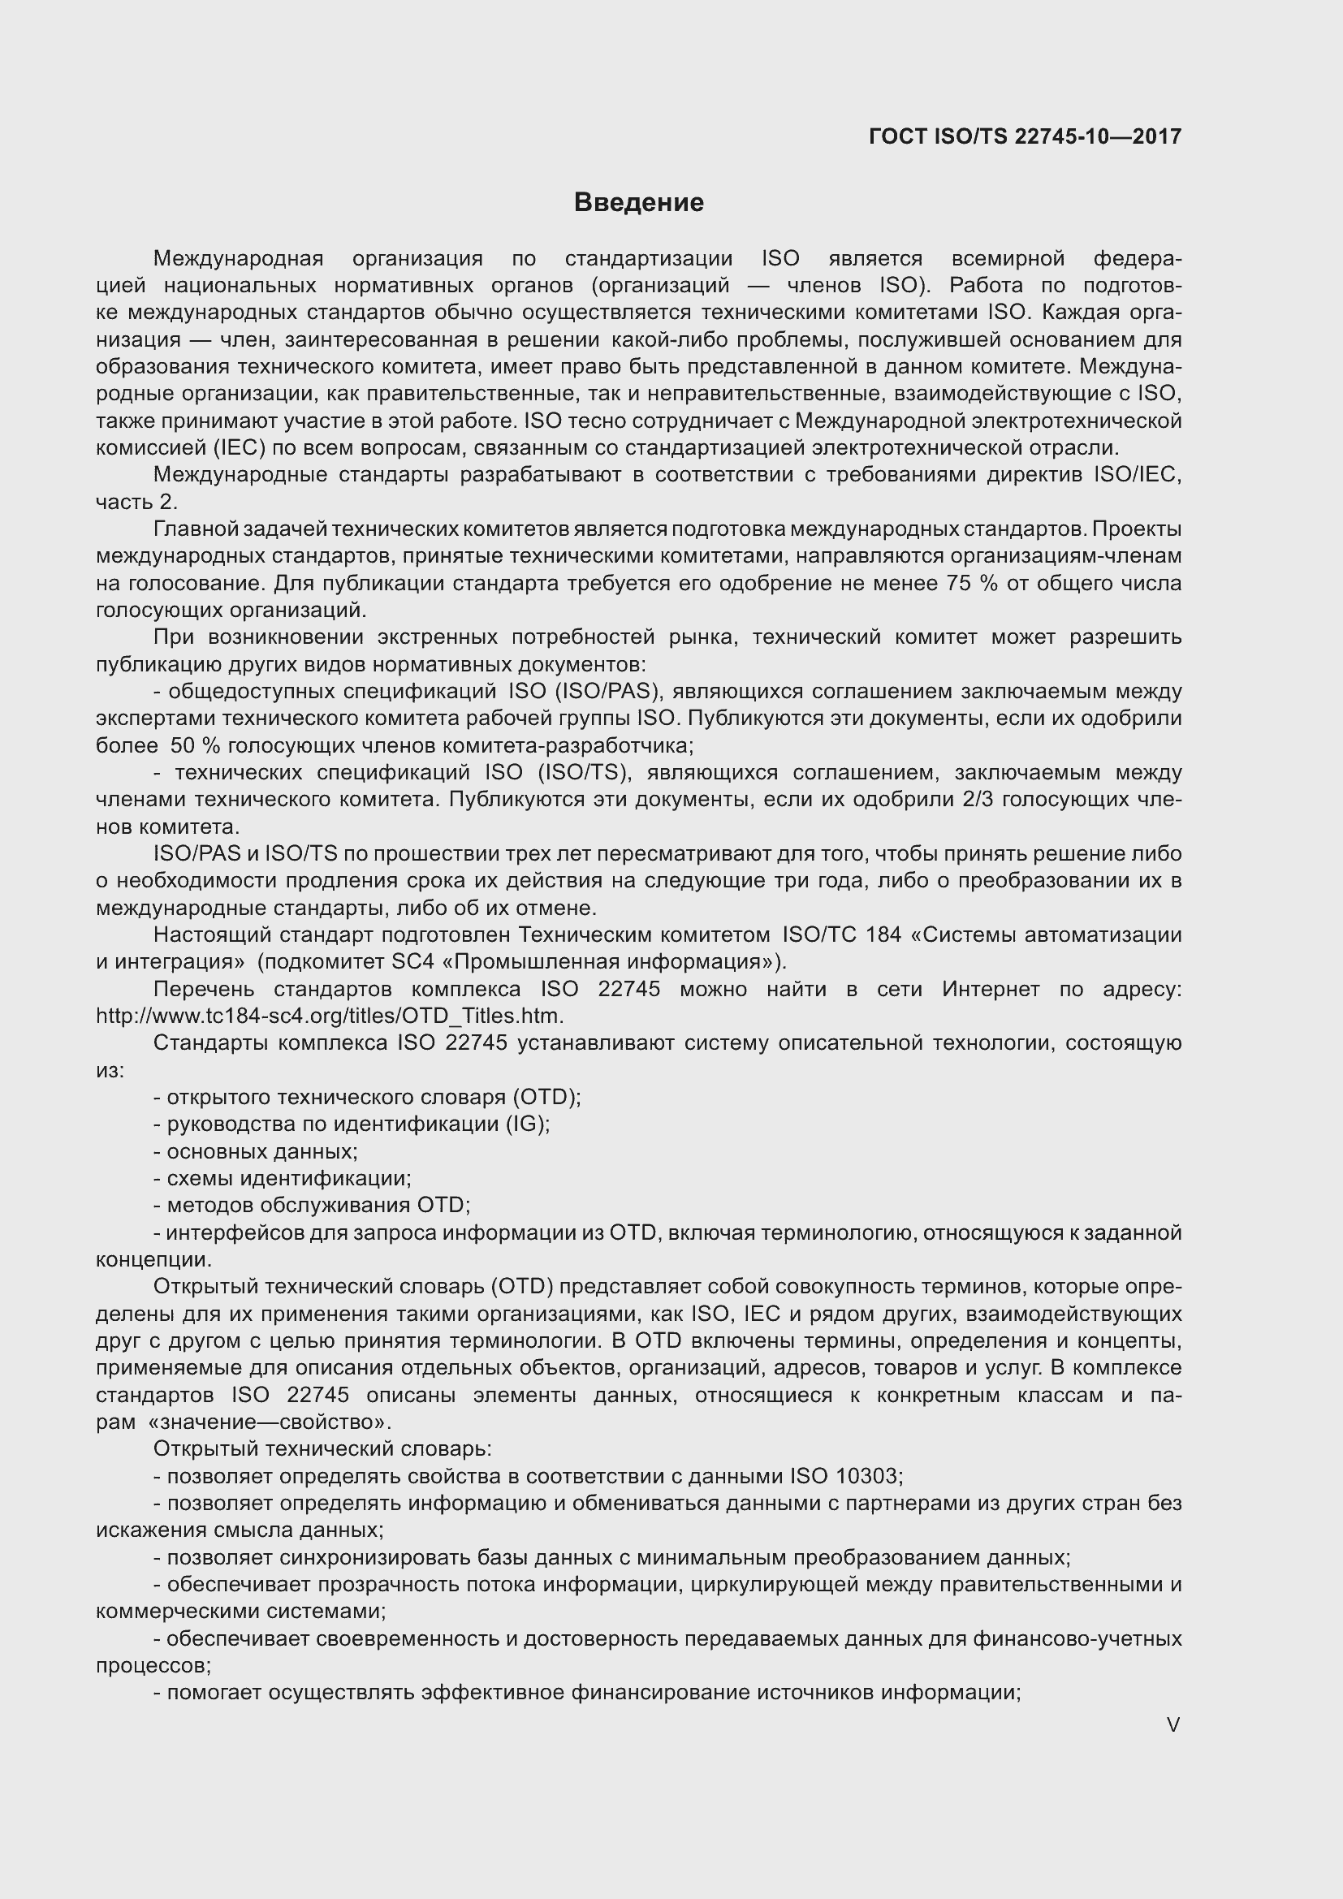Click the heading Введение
[638, 203]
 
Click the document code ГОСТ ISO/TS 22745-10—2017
[1025, 136]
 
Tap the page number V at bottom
[1172, 1725]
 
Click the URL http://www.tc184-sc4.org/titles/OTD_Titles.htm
[329, 1016]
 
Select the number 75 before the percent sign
[960, 583]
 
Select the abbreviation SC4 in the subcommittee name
[406, 962]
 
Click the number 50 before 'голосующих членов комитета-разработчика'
[182, 745]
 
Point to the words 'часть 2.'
[136, 502]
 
